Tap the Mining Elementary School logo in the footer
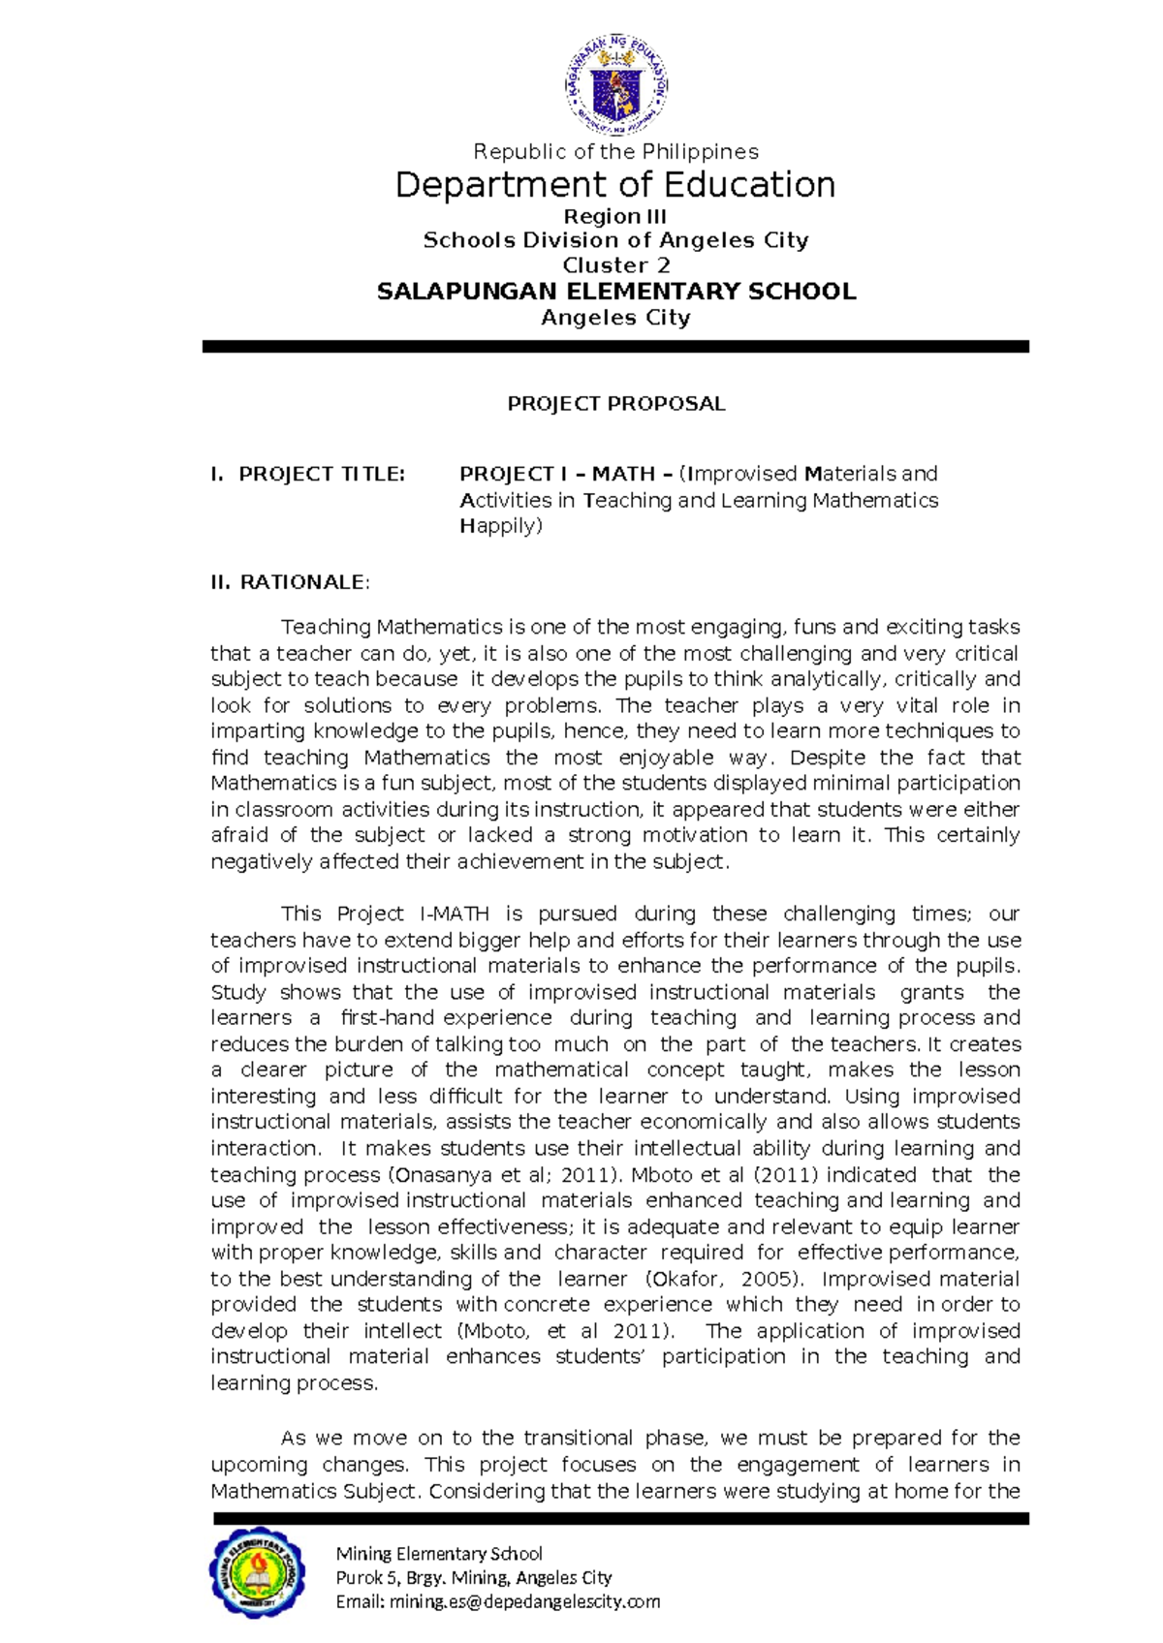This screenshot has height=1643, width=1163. pos(257,1572)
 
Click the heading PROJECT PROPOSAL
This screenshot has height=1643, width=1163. pos(616,404)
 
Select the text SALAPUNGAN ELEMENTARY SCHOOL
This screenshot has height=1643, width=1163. pos(616,292)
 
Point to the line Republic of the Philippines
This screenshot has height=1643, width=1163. pos(616,152)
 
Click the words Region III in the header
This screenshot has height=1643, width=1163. pos(616,217)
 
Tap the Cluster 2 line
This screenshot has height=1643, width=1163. pos(616,265)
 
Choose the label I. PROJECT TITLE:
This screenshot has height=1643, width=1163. pos(308,475)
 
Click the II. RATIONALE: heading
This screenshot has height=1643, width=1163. pos(290,582)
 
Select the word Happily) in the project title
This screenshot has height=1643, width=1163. pos(501,526)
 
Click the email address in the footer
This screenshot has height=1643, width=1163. pos(497,1602)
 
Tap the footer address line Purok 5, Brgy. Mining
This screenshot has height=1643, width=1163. pos(473,1578)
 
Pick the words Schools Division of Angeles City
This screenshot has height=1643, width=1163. pos(616,240)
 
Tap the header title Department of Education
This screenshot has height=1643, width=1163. pos(616,185)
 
